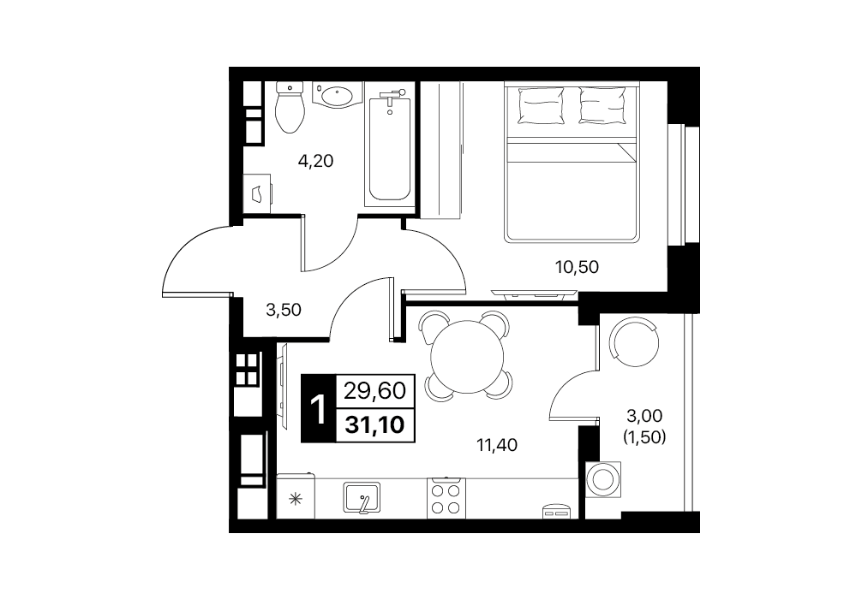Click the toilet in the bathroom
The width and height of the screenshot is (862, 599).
(290, 107)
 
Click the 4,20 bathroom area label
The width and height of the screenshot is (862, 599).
(315, 161)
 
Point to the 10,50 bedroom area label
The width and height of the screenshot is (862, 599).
(576, 267)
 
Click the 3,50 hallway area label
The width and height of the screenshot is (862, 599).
(284, 311)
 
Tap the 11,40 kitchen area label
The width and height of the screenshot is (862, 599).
(497, 445)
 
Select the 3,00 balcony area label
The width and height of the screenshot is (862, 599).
(644, 416)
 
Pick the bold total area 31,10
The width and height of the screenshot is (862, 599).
(375, 424)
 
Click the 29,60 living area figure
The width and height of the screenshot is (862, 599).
(375, 391)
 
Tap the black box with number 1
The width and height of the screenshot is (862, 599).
(318, 408)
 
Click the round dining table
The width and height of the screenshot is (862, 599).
(467, 357)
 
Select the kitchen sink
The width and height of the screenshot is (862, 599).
(362, 497)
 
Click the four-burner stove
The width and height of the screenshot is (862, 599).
(446, 498)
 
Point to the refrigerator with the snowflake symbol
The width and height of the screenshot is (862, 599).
(296, 496)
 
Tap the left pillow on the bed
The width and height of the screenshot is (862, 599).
(542, 105)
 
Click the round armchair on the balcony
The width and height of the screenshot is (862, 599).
(634, 343)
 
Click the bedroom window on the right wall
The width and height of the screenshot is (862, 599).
(683, 185)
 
